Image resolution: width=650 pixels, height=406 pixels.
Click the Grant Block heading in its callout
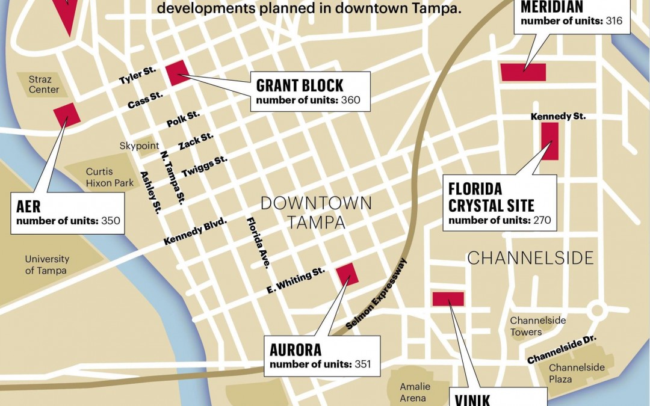click(x=300, y=85)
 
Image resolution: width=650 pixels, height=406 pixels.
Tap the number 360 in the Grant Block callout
click(x=350, y=100)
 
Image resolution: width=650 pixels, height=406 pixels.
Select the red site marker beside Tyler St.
click(x=178, y=73)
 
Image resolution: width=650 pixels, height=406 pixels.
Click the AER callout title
click(x=29, y=207)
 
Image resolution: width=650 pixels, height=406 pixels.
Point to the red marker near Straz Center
click(x=66, y=114)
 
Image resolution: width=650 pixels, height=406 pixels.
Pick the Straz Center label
click(x=45, y=85)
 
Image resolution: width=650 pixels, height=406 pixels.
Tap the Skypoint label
click(x=139, y=146)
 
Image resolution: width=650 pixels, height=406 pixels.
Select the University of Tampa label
click(x=47, y=265)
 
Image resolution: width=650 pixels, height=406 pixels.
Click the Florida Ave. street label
click(x=258, y=242)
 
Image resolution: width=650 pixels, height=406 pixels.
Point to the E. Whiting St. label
click(x=296, y=281)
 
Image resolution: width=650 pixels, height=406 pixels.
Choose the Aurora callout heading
click(x=296, y=349)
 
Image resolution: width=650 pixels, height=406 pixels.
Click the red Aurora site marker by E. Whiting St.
click(x=347, y=274)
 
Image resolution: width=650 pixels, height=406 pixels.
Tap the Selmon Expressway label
click(x=377, y=294)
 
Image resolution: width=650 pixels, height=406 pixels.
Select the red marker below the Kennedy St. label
click(x=549, y=141)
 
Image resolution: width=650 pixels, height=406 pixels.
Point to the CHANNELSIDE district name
click(x=530, y=258)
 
